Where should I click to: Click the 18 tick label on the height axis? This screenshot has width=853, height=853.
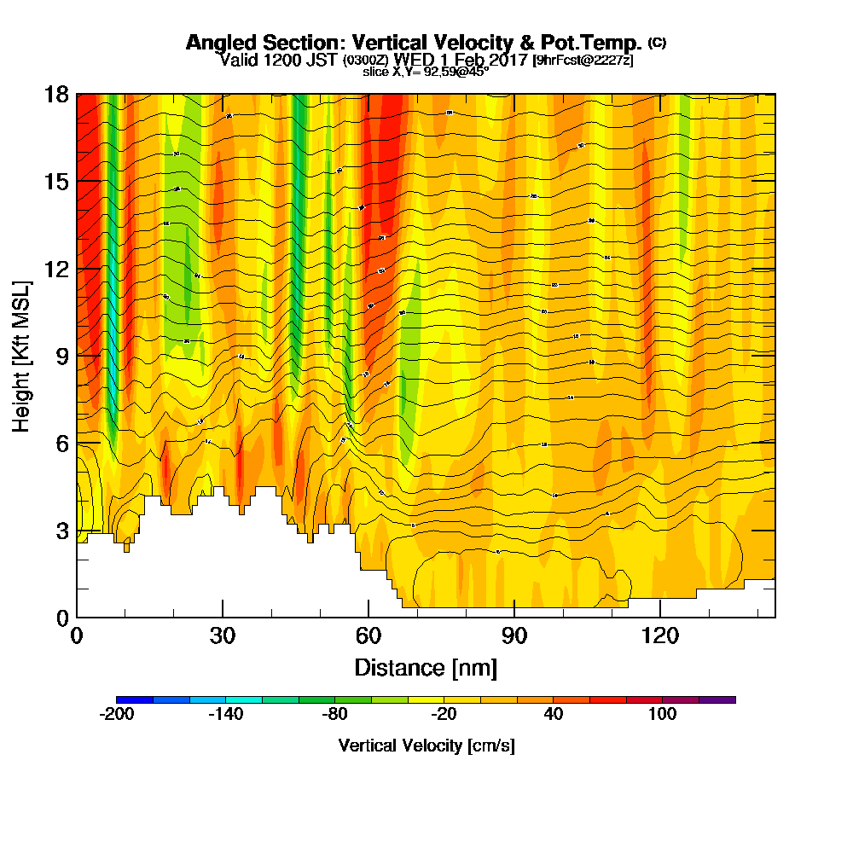click(x=56, y=94)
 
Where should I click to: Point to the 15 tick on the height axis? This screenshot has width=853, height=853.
click(x=56, y=182)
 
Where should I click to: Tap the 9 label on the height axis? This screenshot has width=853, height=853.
click(x=61, y=356)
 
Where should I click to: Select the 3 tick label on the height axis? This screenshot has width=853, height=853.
click(x=61, y=531)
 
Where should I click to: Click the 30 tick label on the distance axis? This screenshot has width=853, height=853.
click(x=222, y=635)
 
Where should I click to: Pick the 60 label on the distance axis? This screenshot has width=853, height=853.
click(x=368, y=635)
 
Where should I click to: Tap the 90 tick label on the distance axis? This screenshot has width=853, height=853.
click(x=514, y=635)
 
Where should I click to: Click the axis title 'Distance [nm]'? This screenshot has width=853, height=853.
click(x=426, y=666)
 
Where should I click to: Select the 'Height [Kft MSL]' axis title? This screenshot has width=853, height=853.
click(x=22, y=355)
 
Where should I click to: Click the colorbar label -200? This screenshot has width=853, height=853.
click(x=117, y=715)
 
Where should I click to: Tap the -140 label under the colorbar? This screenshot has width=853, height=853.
click(x=226, y=715)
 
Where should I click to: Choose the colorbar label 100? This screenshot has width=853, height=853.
click(x=662, y=715)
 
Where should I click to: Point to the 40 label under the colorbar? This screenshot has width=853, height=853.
click(x=554, y=715)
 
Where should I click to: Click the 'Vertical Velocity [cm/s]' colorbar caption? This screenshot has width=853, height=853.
click(x=426, y=746)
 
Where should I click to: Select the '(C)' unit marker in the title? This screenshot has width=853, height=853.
click(x=657, y=43)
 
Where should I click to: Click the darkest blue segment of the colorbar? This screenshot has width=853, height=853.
click(x=135, y=699)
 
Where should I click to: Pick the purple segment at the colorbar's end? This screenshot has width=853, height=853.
click(x=717, y=699)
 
